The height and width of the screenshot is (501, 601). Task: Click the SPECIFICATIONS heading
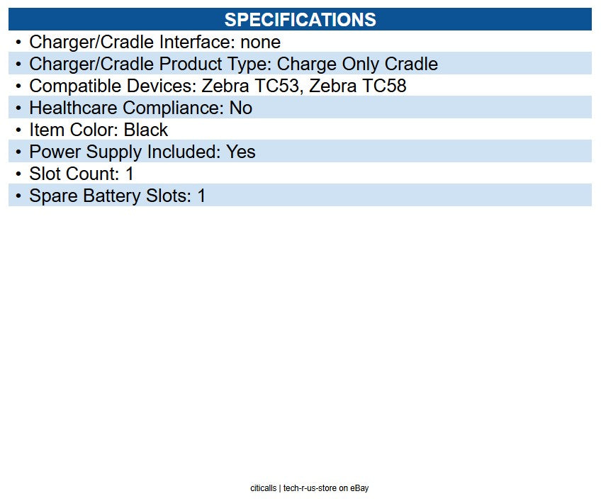point(300,19)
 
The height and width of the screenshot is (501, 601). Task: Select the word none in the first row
point(260,43)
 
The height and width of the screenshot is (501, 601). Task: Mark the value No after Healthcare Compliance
point(240,108)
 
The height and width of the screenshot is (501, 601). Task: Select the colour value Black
point(146,130)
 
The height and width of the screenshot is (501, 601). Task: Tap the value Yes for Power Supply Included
point(241,152)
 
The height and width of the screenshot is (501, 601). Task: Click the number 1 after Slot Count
point(130,174)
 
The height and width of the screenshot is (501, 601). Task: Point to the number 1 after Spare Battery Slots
point(201,196)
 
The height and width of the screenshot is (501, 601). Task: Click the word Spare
point(53,196)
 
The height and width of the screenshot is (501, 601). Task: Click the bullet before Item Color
point(18,130)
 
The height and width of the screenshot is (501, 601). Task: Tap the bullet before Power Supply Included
point(18,152)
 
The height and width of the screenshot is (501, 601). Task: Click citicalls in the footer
point(263,488)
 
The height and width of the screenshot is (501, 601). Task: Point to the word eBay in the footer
point(359,488)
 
